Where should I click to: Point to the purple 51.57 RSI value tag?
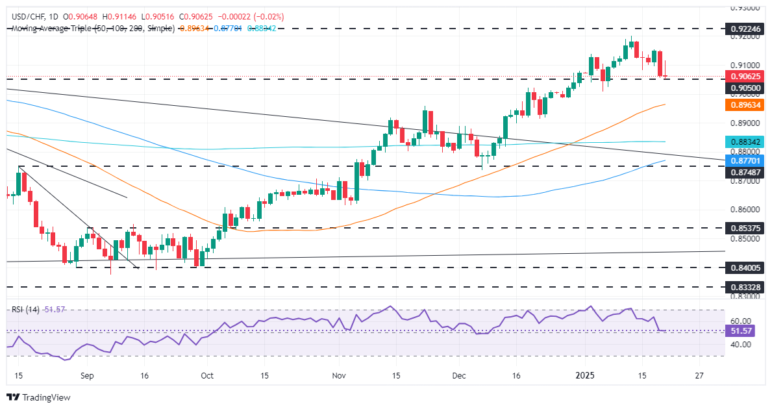click(x=741, y=331)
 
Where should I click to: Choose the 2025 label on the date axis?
click(x=586, y=376)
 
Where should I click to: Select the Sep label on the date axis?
click(x=88, y=376)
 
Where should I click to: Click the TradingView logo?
click(x=38, y=397)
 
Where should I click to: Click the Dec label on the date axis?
click(x=460, y=376)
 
